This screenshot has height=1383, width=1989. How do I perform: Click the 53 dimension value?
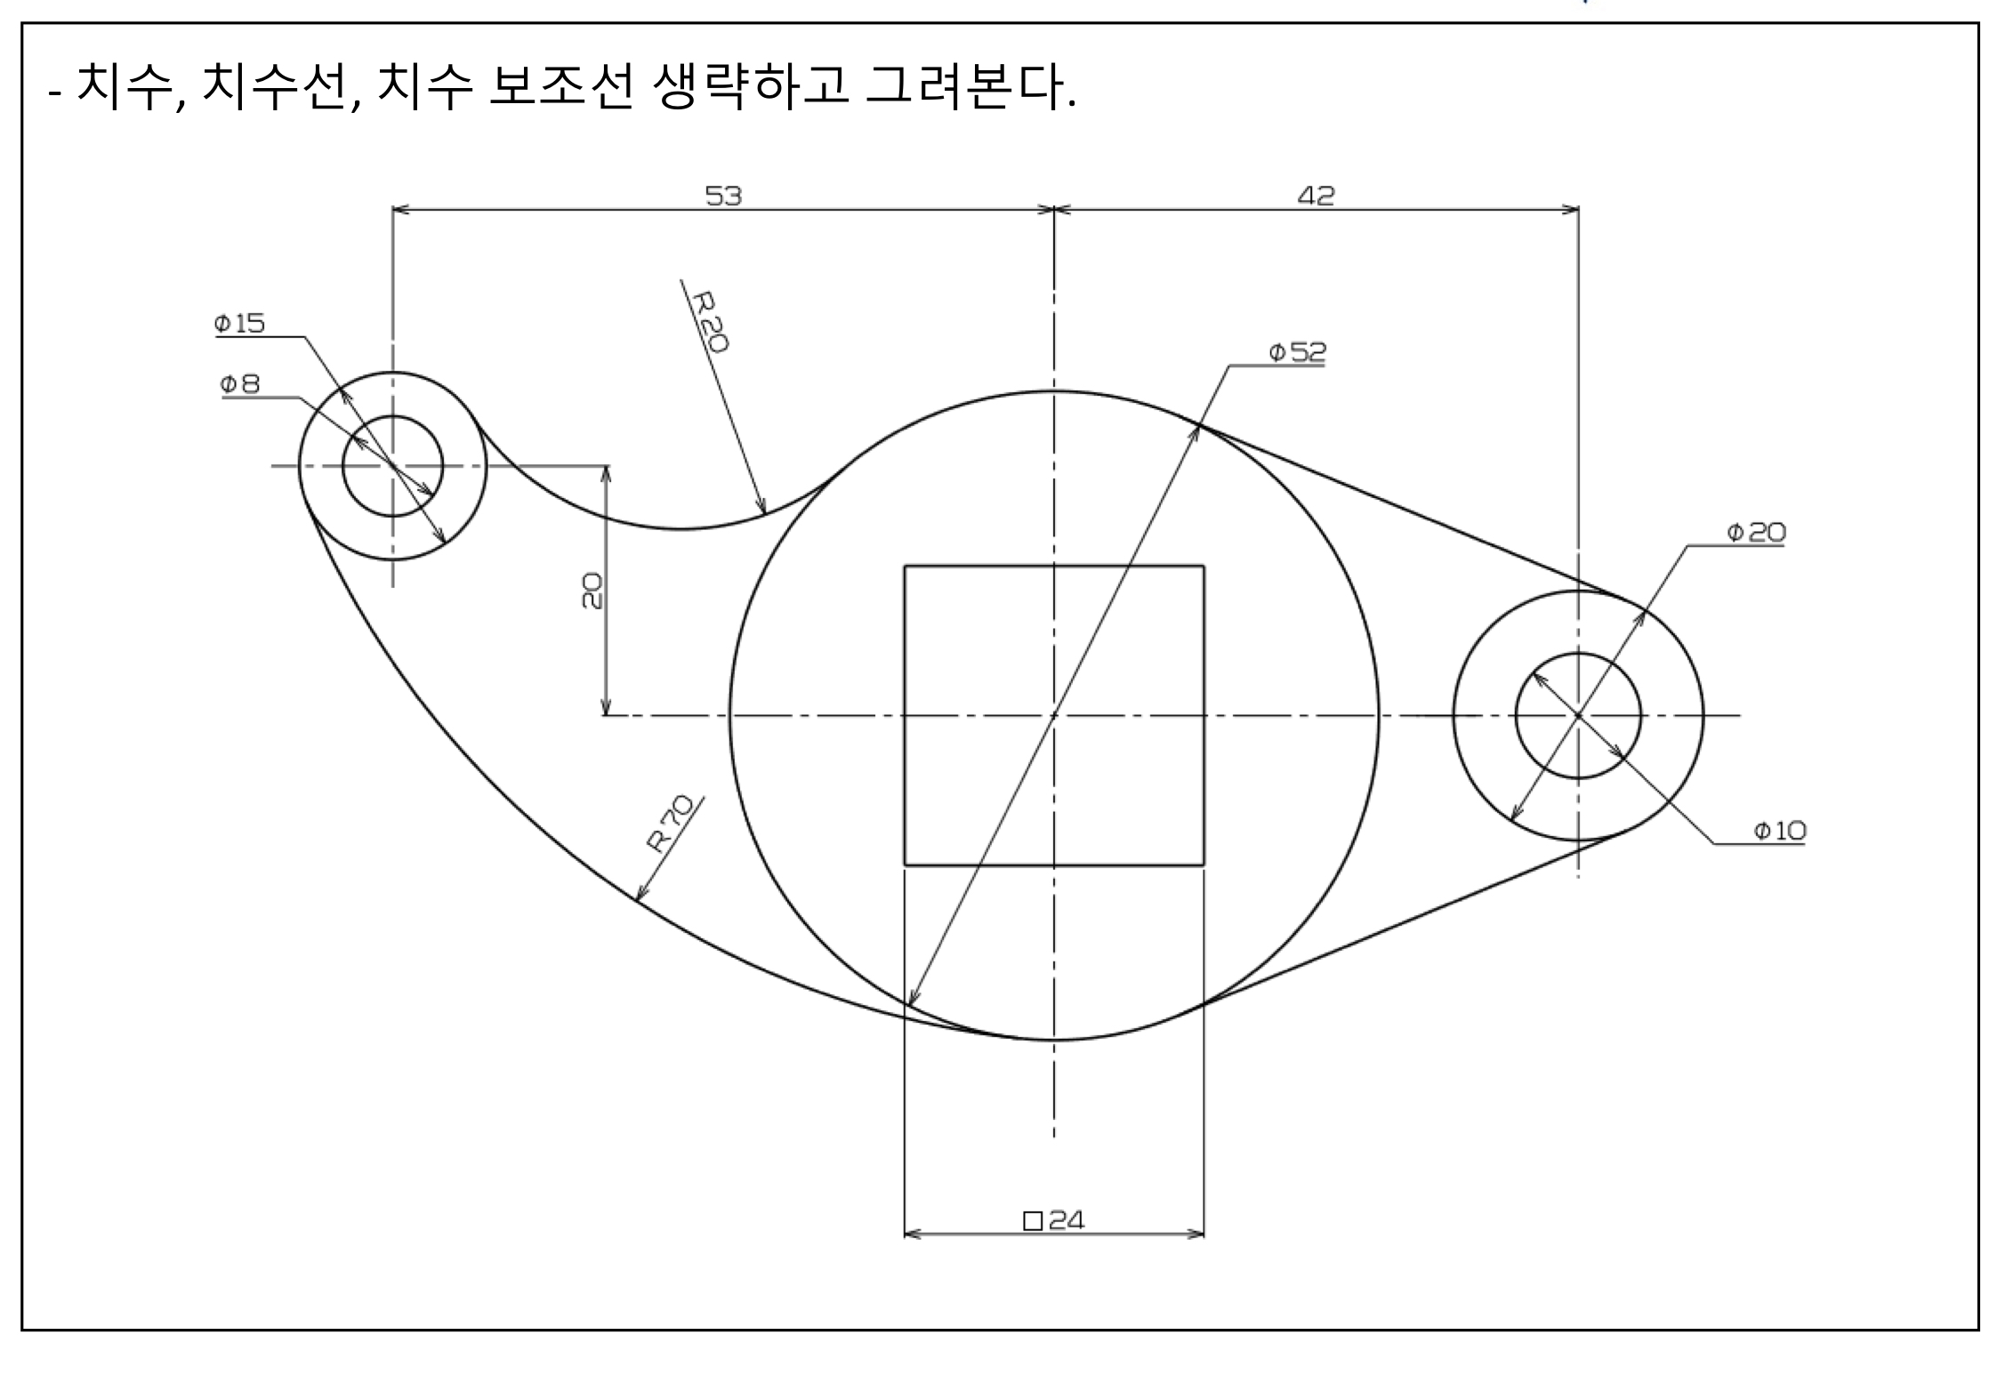pos(723,195)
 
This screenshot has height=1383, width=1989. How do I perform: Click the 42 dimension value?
pos(1316,195)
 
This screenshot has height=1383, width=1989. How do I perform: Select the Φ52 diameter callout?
pos(1296,352)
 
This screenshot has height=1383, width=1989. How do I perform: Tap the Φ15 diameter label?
pos(239,323)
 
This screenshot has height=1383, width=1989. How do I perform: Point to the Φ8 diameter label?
pos(240,384)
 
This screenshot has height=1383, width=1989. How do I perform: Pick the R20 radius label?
pos(711,321)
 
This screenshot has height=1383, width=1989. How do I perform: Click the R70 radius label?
pos(669,824)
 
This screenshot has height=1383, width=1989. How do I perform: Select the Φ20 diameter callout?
pos(1755,532)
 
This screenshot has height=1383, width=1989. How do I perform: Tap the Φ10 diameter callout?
pos(1779,831)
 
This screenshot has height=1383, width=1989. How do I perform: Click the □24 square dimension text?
pos(1054,1219)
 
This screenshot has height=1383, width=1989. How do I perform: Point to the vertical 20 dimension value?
pos(592,591)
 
